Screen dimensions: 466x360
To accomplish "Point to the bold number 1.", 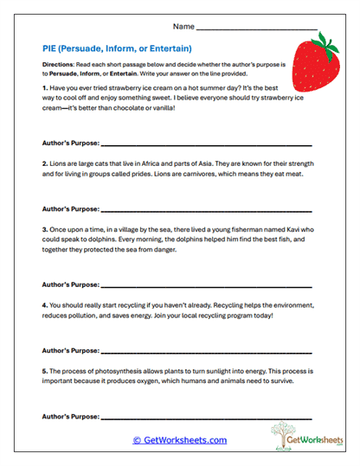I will pos(44,89).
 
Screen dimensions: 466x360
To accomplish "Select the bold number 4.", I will pos(44,305).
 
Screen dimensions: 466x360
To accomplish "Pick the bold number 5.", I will pos(44,370).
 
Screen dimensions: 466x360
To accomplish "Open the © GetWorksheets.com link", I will pos(179,440).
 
